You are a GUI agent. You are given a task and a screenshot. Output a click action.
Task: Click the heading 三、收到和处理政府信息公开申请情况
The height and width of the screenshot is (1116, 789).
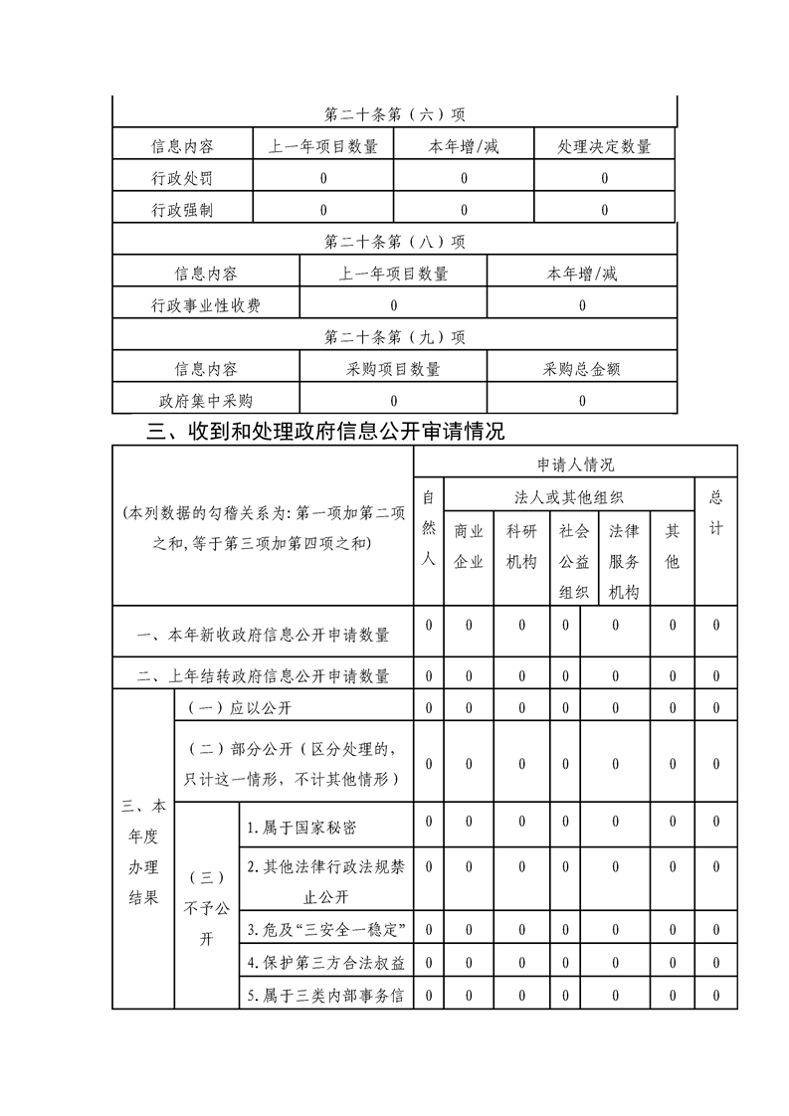pyautogui.click(x=325, y=432)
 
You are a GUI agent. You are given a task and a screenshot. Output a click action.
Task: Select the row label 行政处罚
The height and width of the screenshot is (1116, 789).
pyautogui.click(x=182, y=179)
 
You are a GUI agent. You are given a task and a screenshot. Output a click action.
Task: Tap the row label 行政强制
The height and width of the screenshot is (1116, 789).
pyautogui.click(x=182, y=211)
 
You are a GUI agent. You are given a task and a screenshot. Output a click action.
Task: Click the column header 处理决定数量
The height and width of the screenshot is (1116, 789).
pyautogui.click(x=604, y=147)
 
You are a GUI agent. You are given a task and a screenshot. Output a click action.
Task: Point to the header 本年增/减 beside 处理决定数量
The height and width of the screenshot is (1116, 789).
pyautogui.click(x=464, y=147)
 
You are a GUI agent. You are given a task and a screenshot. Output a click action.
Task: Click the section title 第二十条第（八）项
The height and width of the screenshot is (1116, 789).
pyautogui.click(x=395, y=242)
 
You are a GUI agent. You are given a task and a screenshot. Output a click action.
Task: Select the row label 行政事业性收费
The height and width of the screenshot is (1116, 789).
pyautogui.click(x=206, y=305)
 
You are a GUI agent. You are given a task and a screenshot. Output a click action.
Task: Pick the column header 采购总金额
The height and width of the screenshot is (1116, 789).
pyautogui.click(x=582, y=369)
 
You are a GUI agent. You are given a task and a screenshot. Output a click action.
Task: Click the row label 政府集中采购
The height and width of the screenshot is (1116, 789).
pyautogui.click(x=206, y=401)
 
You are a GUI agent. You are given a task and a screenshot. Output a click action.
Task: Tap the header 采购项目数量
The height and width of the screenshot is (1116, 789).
pyautogui.click(x=393, y=369)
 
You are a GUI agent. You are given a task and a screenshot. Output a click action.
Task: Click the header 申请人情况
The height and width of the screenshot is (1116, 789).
pyautogui.click(x=575, y=464)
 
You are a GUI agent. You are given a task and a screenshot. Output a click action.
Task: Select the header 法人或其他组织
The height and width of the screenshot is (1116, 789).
pyautogui.click(x=568, y=495)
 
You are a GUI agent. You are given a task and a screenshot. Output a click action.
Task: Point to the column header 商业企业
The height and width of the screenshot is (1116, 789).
pyautogui.click(x=469, y=546)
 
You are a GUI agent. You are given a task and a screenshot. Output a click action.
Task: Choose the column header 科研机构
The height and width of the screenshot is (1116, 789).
pyautogui.click(x=521, y=546)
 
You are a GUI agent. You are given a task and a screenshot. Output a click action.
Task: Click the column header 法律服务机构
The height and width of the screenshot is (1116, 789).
pyautogui.click(x=624, y=561)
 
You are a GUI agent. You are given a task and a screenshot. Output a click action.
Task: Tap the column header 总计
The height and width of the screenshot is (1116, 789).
pyautogui.click(x=715, y=512)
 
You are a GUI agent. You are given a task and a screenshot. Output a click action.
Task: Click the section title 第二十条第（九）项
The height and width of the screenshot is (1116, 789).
pyautogui.click(x=395, y=337)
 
